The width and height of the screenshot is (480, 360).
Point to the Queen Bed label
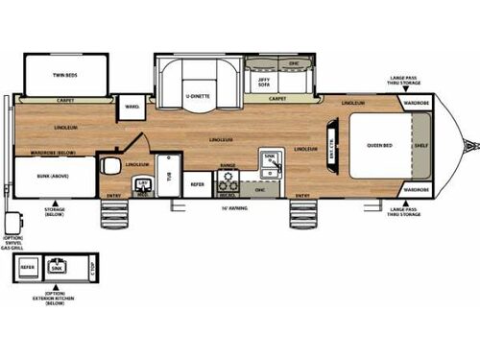(378, 146)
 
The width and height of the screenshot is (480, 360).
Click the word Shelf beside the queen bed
(420, 146)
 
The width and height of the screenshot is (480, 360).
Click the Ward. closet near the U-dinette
(132, 107)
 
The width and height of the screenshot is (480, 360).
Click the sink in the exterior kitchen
(57, 265)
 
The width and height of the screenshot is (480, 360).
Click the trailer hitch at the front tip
(471, 146)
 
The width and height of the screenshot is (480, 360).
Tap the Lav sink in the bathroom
(144, 181)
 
